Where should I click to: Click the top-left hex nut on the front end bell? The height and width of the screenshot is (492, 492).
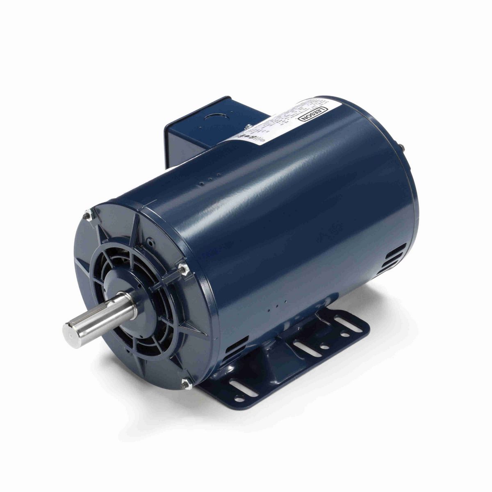(88, 215)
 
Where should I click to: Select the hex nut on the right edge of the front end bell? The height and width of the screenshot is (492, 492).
(183, 269)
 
